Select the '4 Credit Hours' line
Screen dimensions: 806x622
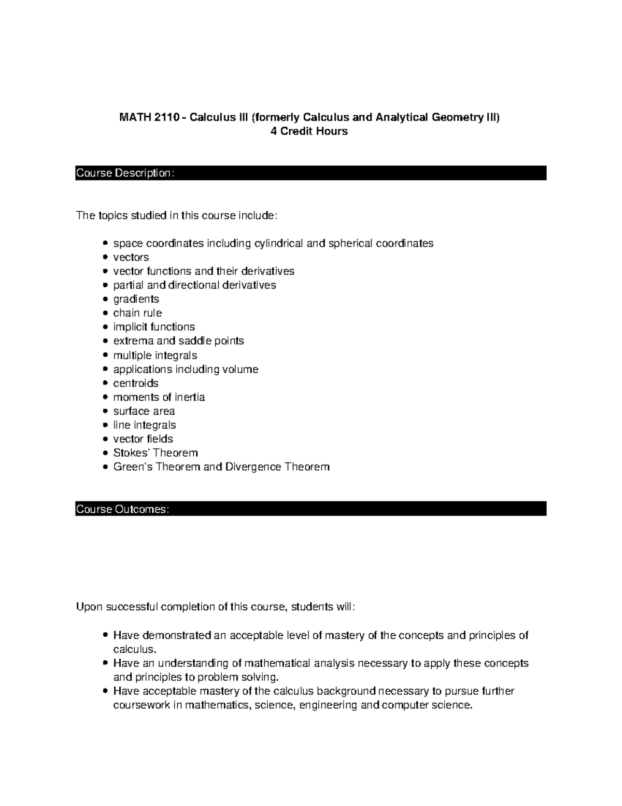point(309,131)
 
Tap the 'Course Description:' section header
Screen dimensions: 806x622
point(125,173)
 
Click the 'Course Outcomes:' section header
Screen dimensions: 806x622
point(123,509)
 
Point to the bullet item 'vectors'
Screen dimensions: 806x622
point(131,257)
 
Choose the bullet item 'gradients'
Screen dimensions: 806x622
point(136,299)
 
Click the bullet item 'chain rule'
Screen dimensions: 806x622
point(137,313)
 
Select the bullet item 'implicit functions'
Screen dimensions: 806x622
point(154,327)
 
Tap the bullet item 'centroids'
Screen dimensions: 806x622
point(136,383)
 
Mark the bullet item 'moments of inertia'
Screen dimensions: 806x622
point(159,397)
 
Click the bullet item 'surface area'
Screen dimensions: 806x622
point(144,411)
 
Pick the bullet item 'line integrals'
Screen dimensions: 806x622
point(145,425)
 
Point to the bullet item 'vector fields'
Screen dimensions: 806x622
point(143,439)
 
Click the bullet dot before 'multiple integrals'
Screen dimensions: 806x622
point(105,356)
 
